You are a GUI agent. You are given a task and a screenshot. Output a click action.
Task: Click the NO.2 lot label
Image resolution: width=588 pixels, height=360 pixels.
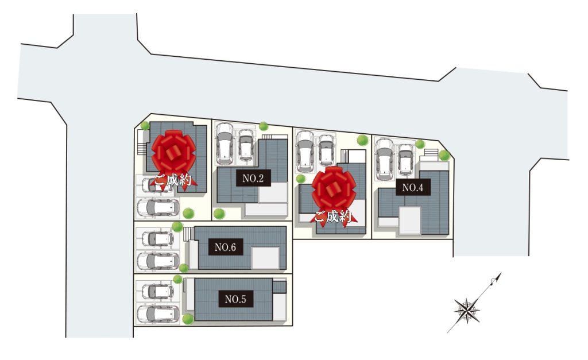(253, 178)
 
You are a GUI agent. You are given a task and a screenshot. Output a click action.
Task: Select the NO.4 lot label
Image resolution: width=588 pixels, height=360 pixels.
(413, 187)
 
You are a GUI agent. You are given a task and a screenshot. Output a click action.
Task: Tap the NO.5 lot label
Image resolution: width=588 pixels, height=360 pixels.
(235, 299)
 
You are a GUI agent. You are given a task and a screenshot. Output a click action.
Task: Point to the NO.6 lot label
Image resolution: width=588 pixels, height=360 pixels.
(225, 247)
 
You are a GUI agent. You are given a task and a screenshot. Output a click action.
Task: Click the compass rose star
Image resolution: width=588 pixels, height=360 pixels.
(467, 311)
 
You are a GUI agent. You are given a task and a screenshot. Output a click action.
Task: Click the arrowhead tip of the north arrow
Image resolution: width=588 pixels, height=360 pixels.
(501, 273)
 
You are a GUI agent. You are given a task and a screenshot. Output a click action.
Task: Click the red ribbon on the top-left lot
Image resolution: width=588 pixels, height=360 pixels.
(173, 152)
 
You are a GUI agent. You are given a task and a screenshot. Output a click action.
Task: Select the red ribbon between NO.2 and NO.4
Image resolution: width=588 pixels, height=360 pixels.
(334, 189)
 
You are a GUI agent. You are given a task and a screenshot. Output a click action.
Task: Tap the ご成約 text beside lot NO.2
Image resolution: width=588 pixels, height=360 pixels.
(173, 181)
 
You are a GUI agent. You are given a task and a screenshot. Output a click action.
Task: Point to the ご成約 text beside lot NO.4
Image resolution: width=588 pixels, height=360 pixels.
(332, 217)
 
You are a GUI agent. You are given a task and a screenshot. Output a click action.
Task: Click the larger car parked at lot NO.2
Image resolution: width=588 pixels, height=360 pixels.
(225, 144)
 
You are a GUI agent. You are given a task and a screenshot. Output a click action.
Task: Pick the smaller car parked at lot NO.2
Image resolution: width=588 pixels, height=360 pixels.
(246, 146)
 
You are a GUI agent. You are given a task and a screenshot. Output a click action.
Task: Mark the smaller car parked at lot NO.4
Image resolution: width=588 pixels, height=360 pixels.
(405, 160)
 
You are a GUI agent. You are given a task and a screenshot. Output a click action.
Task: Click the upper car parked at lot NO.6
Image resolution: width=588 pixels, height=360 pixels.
(158, 238)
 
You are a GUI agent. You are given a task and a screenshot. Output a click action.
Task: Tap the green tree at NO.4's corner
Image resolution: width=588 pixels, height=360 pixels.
(444, 155)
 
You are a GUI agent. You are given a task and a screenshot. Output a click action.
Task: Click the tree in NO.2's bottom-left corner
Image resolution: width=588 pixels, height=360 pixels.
(219, 214)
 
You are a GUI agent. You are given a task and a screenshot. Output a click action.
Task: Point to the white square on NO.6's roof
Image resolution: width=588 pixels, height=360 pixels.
(265, 258)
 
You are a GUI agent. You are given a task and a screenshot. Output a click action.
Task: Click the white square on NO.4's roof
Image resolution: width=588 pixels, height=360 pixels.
(410, 221)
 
